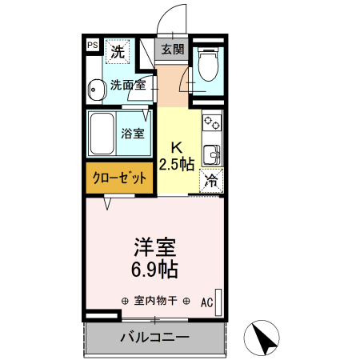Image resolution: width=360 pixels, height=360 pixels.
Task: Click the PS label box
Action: click(93, 46)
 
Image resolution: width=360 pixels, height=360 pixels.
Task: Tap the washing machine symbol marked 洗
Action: click(118, 53)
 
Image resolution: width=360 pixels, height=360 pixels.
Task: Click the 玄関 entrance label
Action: click(173, 50)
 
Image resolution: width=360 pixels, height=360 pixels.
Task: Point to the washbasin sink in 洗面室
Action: click(96, 90)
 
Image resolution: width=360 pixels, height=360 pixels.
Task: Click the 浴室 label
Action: click(133, 133)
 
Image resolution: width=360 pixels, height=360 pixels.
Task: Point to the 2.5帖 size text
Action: click(177, 164)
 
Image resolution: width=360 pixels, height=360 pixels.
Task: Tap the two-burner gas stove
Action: click(212, 123)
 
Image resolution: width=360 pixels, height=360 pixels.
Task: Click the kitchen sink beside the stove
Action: click(212, 153)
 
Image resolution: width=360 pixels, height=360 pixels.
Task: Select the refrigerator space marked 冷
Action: click(212, 181)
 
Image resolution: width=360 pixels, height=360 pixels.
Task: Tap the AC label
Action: click(207, 302)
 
